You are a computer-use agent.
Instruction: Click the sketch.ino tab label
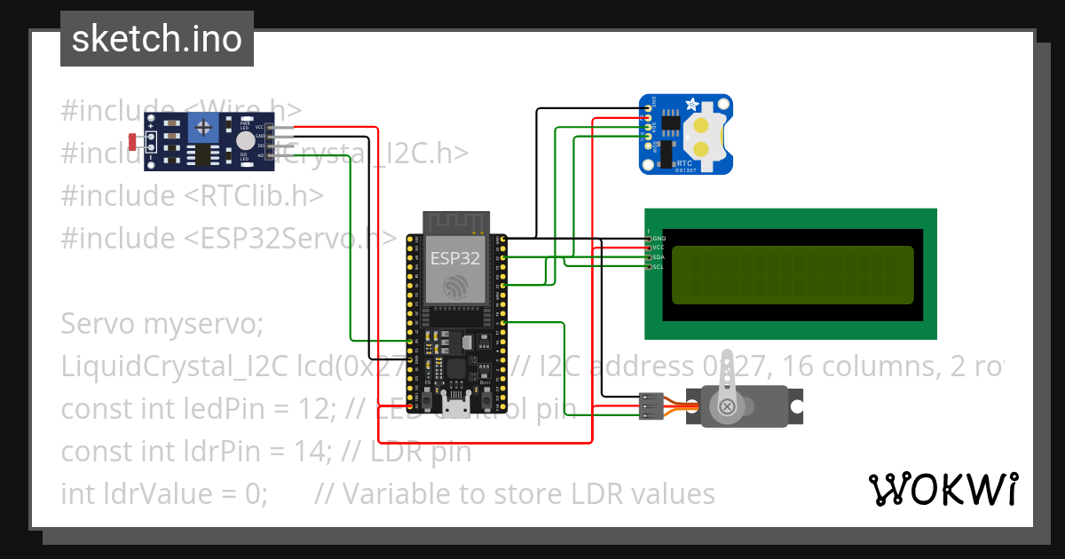(156, 39)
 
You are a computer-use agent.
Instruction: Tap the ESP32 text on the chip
(454, 258)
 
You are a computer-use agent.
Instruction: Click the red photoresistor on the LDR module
(133, 140)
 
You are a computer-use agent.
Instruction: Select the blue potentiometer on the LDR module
(206, 128)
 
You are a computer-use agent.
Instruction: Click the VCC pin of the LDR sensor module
(261, 127)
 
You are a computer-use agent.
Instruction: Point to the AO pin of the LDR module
(261, 154)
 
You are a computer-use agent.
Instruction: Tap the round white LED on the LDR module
(245, 141)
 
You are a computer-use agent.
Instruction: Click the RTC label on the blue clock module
(684, 163)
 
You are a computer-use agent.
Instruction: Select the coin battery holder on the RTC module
(706, 137)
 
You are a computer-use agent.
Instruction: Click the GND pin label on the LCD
(659, 239)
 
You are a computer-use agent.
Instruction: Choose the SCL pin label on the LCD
(659, 266)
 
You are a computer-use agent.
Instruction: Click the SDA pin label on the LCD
(659, 257)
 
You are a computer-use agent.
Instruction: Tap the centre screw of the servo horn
(728, 406)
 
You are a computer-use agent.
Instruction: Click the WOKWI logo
(943, 489)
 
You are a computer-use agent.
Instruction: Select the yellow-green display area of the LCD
(792, 273)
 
